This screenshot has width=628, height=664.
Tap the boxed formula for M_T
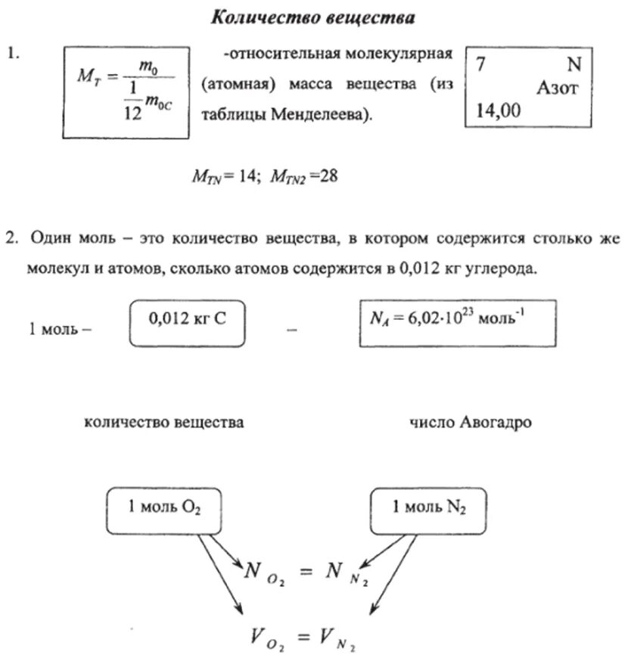(126, 92)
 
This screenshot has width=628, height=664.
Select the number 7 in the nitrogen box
(480, 64)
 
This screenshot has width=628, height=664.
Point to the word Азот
(557, 88)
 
